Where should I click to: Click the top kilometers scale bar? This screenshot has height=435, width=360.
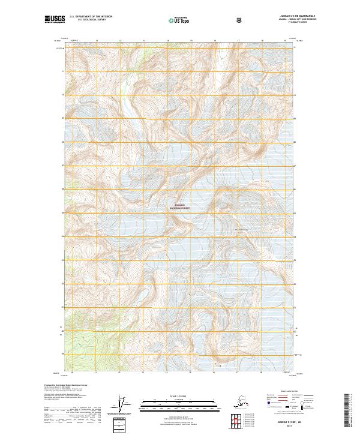[x=179, y=400]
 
